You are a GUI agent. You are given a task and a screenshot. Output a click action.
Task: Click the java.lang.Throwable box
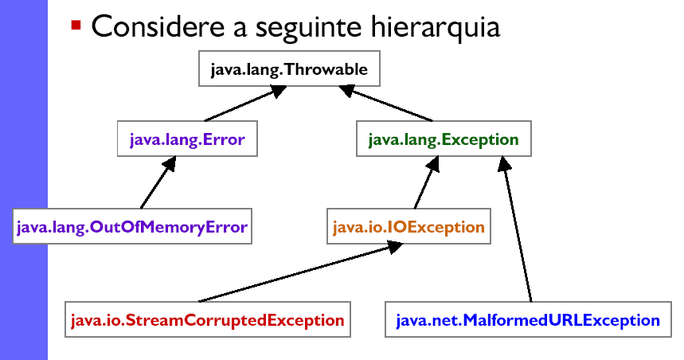tap(289, 68)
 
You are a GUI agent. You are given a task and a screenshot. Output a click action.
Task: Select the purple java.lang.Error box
tap(187, 139)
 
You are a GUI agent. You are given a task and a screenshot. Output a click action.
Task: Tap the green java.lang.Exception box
tap(444, 139)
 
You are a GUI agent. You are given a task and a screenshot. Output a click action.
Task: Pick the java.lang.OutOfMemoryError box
tap(132, 226)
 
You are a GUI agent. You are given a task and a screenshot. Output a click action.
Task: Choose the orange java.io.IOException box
tap(408, 226)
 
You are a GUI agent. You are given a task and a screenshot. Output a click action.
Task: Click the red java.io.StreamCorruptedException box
tap(208, 319)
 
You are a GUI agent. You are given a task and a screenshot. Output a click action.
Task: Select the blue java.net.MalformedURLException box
tap(528, 319)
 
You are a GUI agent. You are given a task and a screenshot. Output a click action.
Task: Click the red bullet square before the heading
tap(76, 25)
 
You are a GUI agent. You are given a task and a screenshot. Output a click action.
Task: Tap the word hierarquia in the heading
tap(436, 27)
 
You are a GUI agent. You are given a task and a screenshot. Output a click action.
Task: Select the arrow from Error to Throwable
tap(245, 104)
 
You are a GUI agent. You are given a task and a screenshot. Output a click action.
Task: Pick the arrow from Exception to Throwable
tap(385, 104)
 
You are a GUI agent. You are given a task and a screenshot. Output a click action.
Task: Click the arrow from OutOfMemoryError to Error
tap(158, 182)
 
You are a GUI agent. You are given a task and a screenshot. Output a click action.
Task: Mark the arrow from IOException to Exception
tap(427, 182)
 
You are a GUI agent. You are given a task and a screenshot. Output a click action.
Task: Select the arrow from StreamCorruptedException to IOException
tap(301, 272)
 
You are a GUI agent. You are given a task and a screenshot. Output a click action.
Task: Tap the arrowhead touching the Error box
tap(170, 163)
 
